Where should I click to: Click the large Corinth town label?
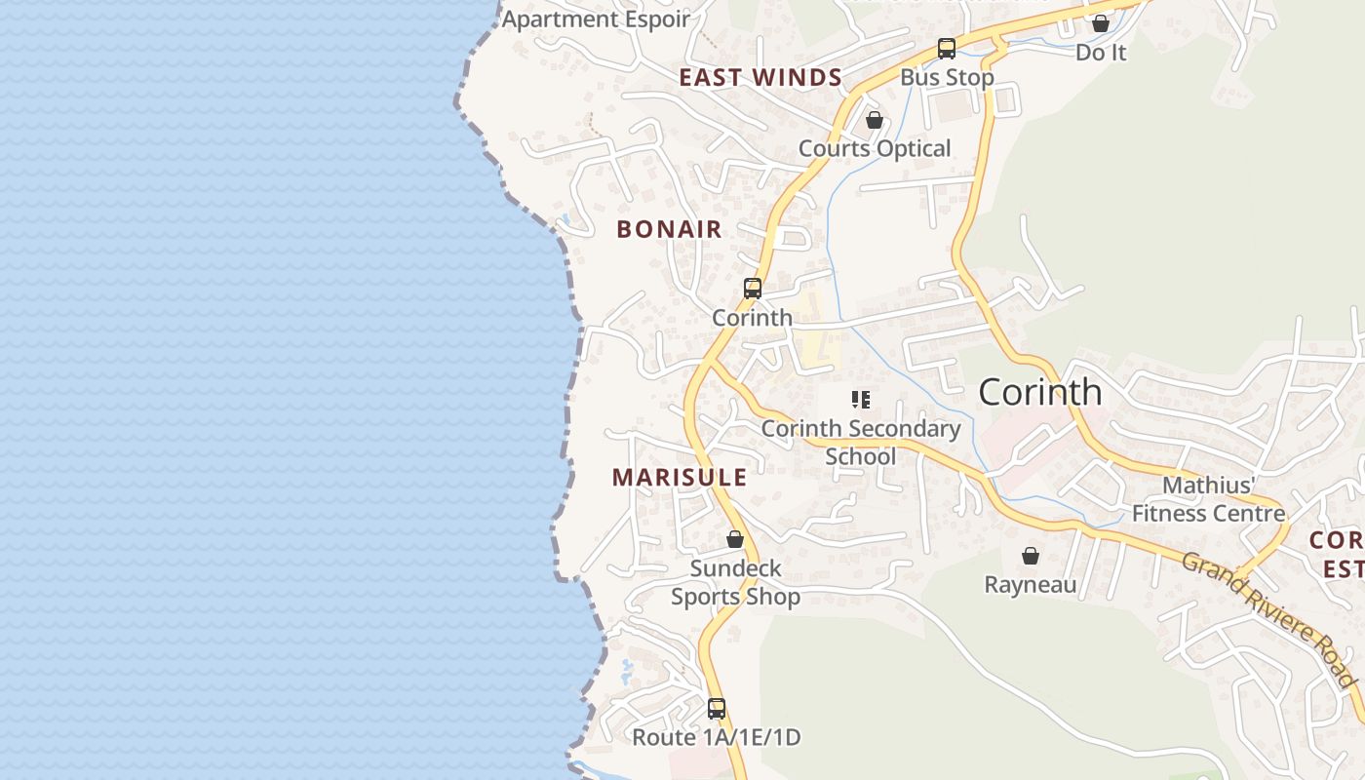click(1040, 392)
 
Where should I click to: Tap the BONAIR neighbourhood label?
click(669, 230)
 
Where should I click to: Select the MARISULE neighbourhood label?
click(680, 478)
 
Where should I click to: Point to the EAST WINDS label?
click(760, 78)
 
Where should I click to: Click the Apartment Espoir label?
click(596, 19)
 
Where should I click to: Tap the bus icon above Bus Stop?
click(946, 48)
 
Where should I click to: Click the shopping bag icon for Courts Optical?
click(875, 120)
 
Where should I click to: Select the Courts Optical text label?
click(875, 149)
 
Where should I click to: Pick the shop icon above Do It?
click(1101, 23)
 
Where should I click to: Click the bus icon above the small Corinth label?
click(752, 289)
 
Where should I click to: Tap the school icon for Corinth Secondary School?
click(860, 399)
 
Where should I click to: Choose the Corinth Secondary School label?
click(861, 442)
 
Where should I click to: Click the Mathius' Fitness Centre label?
click(1208, 499)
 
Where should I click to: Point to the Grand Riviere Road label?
click(1268, 618)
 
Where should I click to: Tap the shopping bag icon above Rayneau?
click(1031, 556)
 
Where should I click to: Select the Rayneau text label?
click(1031, 585)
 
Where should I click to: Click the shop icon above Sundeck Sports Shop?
click(735, 539)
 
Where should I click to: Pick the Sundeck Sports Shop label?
click(735, 582)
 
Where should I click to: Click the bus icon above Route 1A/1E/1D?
click(717, 709)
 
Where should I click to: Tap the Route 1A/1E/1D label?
click(717, 738)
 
